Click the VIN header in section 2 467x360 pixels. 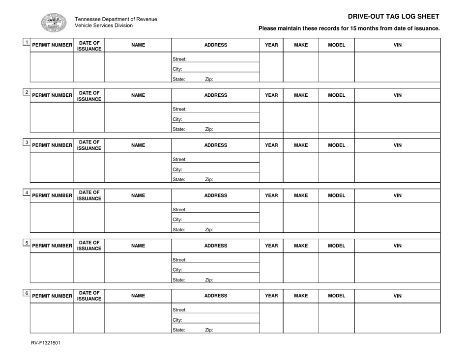(398, 95)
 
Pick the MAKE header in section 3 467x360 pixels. (300, 145)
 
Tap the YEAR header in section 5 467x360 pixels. (271, 246)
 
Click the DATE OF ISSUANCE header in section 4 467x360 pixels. (89, 195)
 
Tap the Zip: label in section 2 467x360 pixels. (209, 130)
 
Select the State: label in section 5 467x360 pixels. (178, 280)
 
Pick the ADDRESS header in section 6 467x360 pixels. (215, 296)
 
